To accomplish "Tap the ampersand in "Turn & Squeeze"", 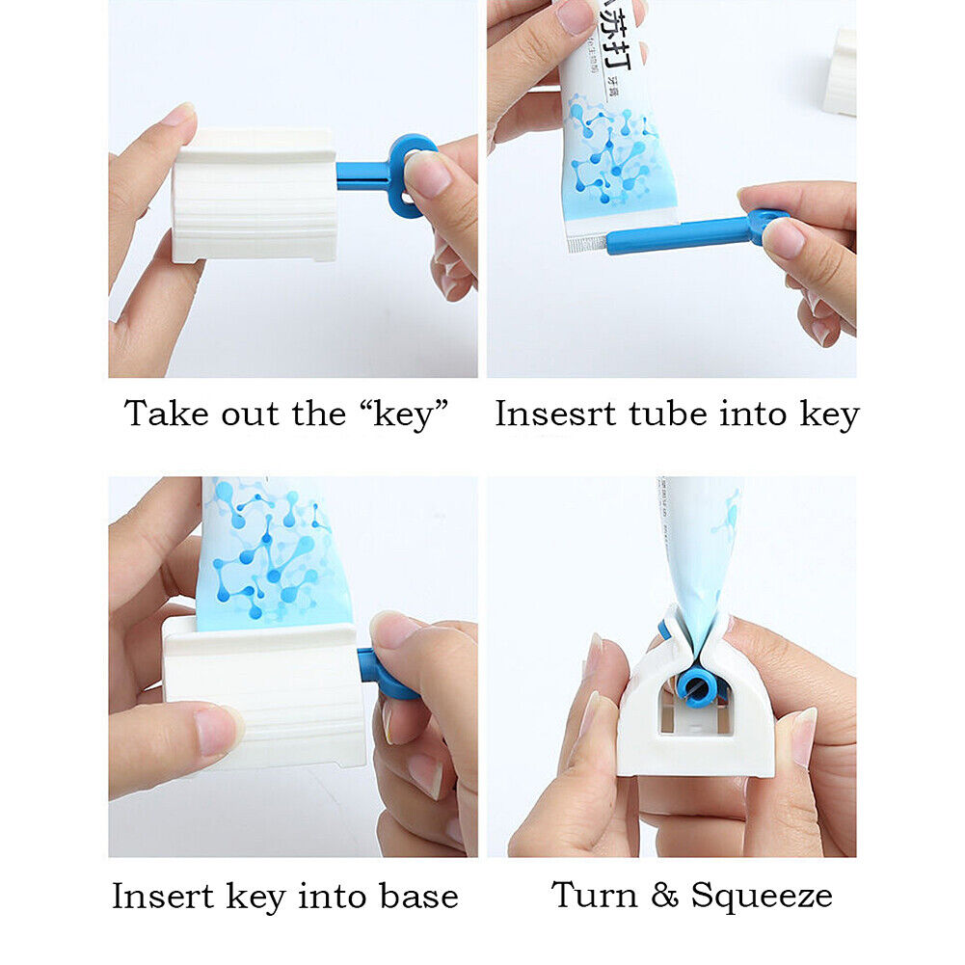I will pos(664,895).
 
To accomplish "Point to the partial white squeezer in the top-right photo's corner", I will pos(841,72).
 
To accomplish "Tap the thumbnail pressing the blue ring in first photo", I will pos(428,175).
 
